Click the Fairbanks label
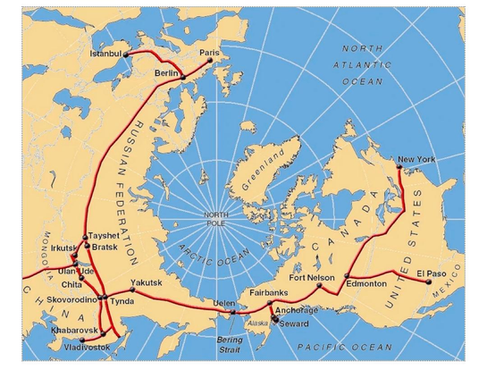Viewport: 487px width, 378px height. (x=267, y=292)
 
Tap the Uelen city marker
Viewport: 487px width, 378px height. (x=233, y=312)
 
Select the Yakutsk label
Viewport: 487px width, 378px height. (x=147, y=282)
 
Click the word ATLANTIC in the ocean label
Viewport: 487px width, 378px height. (x=360, y=65)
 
